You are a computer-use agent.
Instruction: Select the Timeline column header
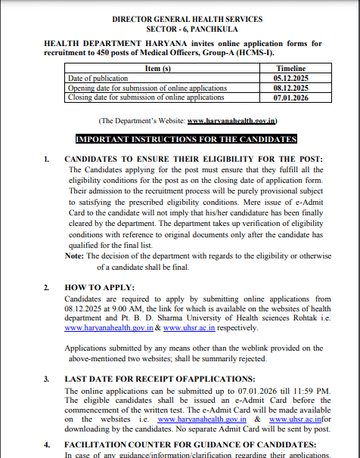point(291,68)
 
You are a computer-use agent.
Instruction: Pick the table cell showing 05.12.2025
point(291,78)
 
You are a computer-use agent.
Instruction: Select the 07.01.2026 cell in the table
point(291,97)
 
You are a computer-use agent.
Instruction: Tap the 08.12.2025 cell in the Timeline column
point(291,88)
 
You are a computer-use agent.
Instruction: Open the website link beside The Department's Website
point(232,121)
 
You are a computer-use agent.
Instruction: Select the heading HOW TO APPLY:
point(100,288)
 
